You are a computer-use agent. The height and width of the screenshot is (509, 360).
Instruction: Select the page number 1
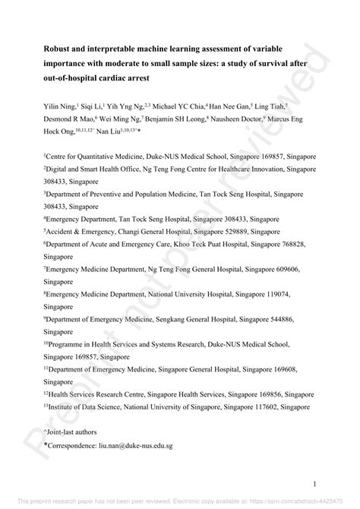tap(313, 482)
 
